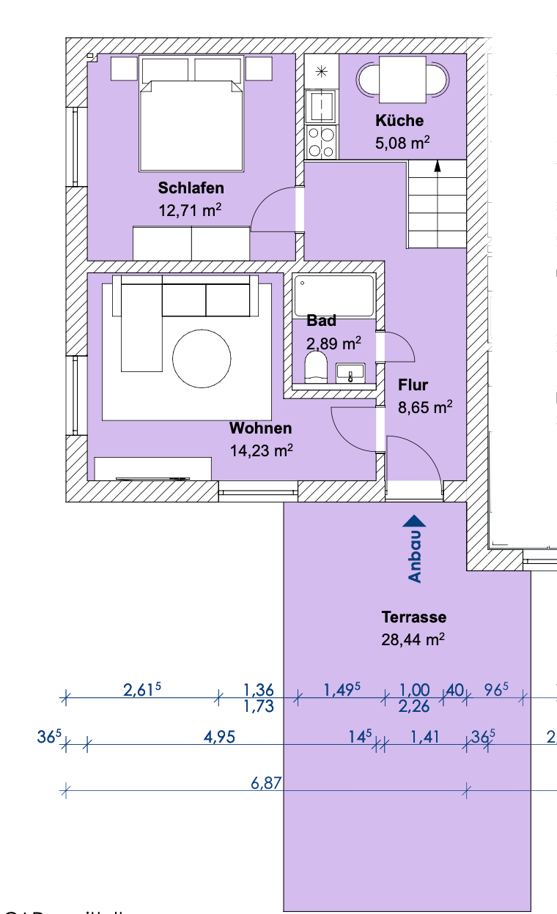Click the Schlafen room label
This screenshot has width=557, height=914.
(191, 188)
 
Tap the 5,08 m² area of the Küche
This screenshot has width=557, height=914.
(402, 142)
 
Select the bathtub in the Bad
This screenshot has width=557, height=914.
(333, 295)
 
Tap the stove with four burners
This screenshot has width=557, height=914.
(322, 142)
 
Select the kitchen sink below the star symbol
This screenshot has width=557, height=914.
(322, 107)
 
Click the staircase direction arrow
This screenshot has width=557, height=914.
(438, 166)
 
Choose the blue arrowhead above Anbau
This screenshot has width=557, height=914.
(415, 521)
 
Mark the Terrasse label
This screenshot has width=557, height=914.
(413, 617)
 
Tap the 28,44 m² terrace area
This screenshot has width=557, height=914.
(413, 639)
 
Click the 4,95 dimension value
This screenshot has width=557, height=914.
(219, 737)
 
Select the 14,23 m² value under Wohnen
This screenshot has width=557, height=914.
(262, 451)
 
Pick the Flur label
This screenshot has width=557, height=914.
(413, 385)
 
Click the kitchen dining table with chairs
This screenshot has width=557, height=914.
(402, 81)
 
